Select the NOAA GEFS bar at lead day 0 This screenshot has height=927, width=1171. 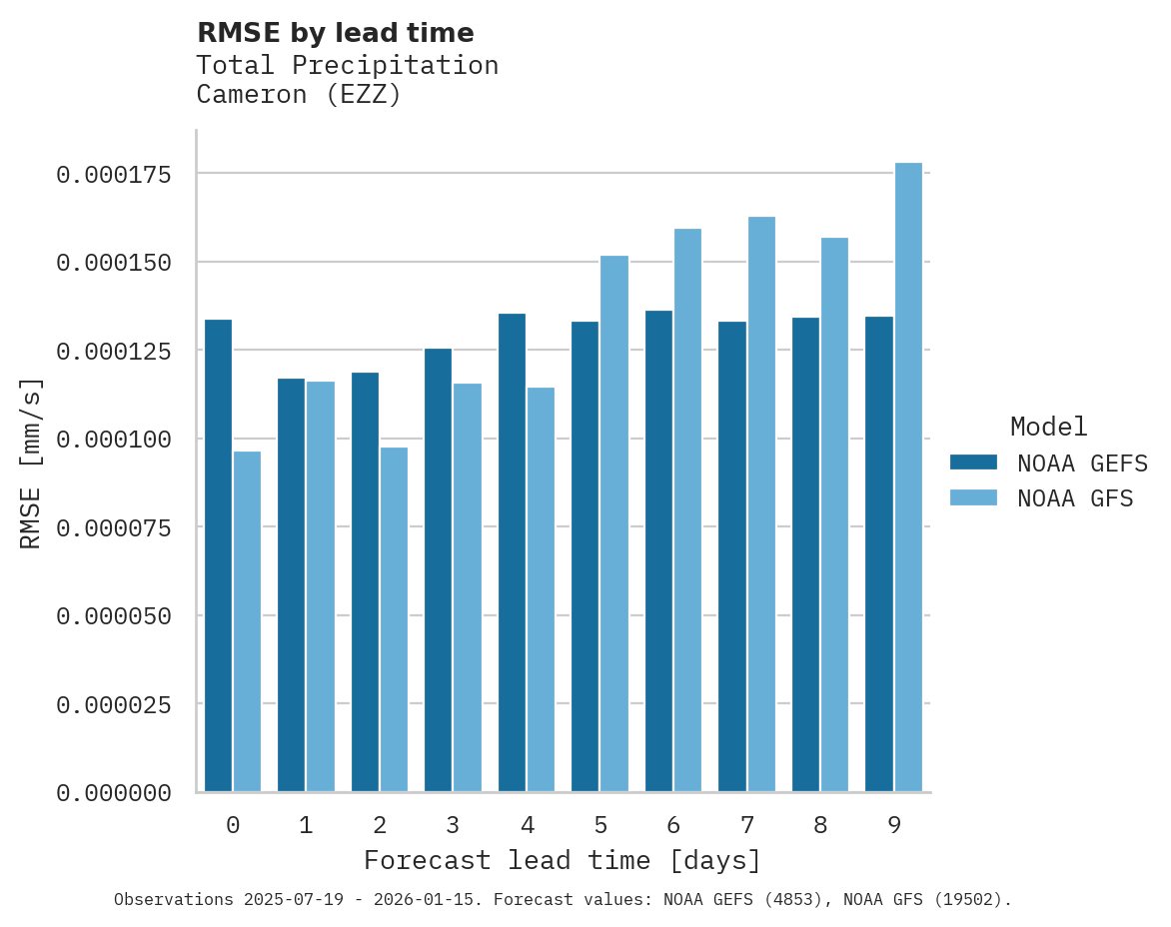[218, 555]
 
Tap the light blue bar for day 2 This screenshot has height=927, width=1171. [394, 619]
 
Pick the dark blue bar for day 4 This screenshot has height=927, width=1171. [512, 552]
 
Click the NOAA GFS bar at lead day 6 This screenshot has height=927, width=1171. [687, 509]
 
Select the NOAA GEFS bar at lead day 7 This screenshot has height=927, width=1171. [732, 556]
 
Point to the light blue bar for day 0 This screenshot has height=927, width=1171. [247, 621]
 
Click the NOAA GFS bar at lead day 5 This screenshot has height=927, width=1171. [614, 523]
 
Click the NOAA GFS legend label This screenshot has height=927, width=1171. [1075, 498]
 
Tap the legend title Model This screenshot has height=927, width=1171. [1048, 428]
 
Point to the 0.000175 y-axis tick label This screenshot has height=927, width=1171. [114, 175]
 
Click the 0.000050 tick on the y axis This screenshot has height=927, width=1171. [114, 616]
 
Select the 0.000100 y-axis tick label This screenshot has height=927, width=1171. [114, 440]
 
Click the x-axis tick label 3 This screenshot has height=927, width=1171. [453, 825]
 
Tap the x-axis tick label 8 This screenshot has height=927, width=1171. [820, 825]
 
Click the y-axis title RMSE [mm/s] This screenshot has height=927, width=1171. [32, 463]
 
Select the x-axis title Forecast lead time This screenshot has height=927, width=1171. [563, 860]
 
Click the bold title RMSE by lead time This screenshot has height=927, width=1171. [335, 33]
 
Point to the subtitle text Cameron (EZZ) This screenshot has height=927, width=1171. [298, 95]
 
